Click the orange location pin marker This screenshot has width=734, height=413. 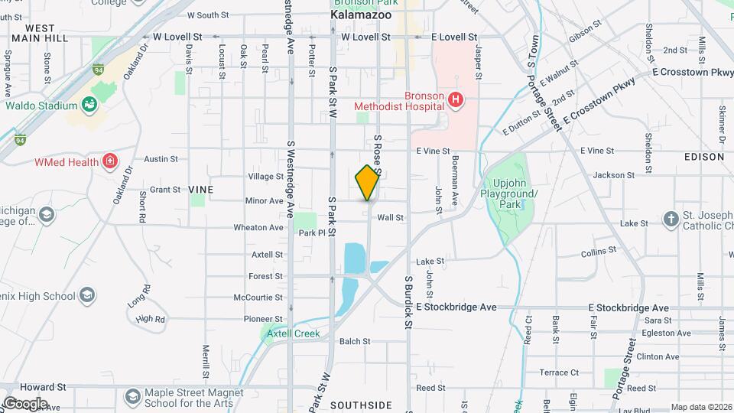[x=367, y=183]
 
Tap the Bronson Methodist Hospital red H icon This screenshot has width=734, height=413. [x=456, y=99]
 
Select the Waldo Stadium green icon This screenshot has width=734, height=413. [x=90, y=105]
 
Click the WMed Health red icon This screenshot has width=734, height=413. [x=111, y=161]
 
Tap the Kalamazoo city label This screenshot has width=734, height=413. [x=361, y=15]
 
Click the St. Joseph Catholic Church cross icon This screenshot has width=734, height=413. [x=671, y=219]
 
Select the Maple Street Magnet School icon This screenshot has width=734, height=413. [x=133, y=396]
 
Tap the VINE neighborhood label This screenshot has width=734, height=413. [x=202, y=189]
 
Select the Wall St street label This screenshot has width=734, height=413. [x=390, y=218]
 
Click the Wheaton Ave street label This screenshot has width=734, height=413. [x=258, y=227]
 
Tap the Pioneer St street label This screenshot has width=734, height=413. [x=262, y=319]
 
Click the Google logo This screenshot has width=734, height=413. [x=24, y=403]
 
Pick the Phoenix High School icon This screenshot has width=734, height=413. [x=87, y=295]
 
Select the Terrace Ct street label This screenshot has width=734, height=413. [x=554, y=372]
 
